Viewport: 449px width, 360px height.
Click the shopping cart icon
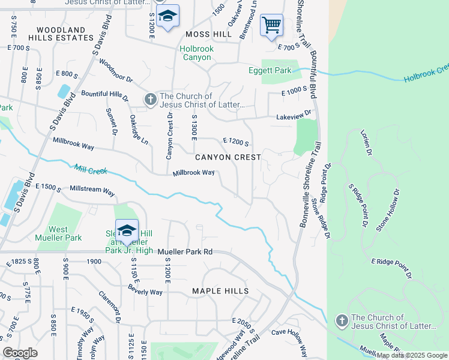pyautogui.click(x=272, y=25)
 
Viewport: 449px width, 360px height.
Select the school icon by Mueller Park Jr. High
pyautogui.click(x=127, y=231)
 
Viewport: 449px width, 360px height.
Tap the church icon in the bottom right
pyautogui.click(x=342, y=320)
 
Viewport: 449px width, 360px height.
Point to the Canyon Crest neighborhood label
pyautogui.click(x=228, y=157)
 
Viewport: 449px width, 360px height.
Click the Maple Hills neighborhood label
pyautogui.click(x=220, y=291)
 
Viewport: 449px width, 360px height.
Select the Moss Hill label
pyautogui.click(x=208, y=35)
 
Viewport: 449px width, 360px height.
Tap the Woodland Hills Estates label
pyautogui.click(x=61, y=33)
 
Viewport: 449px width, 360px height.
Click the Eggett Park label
pyautogui.click(x=270, y=71)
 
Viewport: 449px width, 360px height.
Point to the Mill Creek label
pyautogui.click(x=89, y=170)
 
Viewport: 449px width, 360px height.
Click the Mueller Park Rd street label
pyautogui.click(x=185, y=253)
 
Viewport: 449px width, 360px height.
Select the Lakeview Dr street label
pyautogui.click(x=294, y=114)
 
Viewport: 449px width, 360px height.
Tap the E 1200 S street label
pyautogui.click(x=235, y=142)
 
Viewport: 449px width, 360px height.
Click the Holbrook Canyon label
pyautogui.click(x=196, y=53)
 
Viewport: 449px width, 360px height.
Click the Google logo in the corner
pyautogui.click(x=20, y=353)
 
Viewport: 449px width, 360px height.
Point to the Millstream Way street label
pyautogui.click(x=92, y=191)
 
